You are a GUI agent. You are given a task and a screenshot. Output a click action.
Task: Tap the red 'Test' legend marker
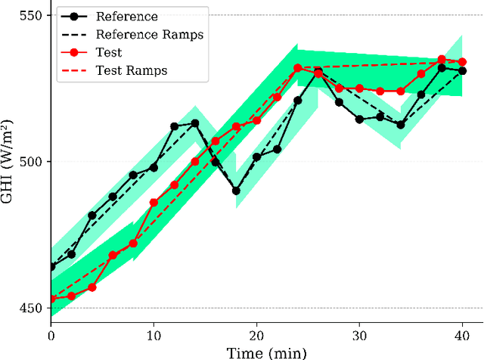[74, 52]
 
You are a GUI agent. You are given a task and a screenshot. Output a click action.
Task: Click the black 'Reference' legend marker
[74, 16]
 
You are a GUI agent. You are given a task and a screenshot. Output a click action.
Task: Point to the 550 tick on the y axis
[32, 15]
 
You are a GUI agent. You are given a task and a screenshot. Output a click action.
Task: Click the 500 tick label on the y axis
[32, 162]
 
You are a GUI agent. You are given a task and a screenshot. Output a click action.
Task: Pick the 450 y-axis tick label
[32, 309]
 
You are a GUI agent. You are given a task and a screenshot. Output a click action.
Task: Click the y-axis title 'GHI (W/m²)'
[10, 162]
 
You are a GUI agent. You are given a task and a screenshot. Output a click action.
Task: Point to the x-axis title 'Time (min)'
[257, 352]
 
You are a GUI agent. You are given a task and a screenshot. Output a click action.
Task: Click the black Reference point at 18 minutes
[236, 191]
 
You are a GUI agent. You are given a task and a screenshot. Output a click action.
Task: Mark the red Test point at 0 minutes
[51, 299]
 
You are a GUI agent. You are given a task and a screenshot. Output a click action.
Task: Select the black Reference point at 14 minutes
[195, 123]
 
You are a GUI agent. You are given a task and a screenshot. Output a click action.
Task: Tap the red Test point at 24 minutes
[298, 68]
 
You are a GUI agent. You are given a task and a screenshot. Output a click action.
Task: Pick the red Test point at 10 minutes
[154, 203]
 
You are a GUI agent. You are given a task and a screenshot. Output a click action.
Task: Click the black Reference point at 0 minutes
[51, 266]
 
